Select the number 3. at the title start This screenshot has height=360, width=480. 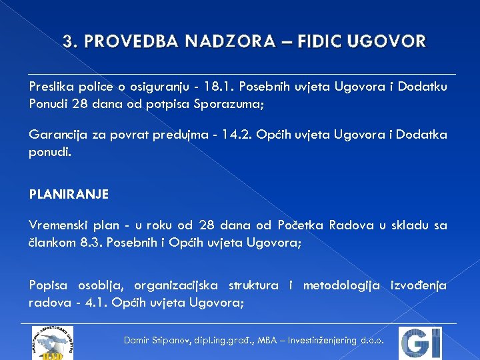point(70,42)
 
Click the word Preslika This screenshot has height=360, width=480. point(51,87)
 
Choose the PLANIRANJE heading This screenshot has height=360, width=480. point(69,195)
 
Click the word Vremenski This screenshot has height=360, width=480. point(57,225)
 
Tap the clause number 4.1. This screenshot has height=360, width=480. point(97,303)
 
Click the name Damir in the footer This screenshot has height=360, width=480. point(137,341)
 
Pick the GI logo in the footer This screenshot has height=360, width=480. point(420,343)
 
